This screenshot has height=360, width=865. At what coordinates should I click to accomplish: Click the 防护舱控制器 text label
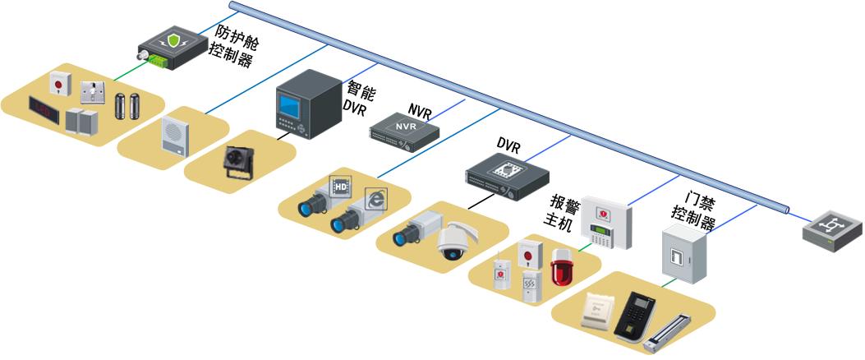[234, 45]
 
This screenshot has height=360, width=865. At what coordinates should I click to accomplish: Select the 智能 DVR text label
[361, 97]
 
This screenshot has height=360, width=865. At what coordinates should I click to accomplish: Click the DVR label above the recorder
[508, 145]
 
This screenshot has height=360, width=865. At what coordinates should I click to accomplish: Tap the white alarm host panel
[607, 224]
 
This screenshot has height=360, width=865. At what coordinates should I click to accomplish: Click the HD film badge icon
[340, 185]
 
